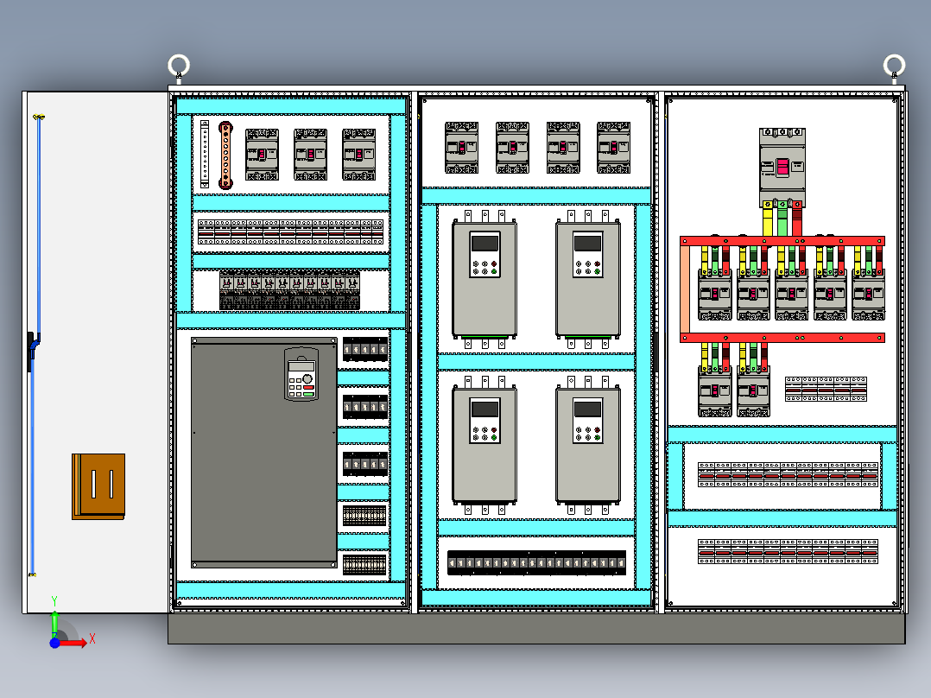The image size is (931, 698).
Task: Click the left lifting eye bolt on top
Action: (x=179, y=66)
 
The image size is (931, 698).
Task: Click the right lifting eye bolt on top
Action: (x=894, y=66)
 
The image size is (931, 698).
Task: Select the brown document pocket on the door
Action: (x=98, y=485)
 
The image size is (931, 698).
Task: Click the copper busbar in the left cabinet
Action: (x=226, y=155)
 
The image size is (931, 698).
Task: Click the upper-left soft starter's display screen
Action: (x=484, y=243)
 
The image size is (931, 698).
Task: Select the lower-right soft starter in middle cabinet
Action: (x=588, y=446)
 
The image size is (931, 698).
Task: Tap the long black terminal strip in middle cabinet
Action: (x=536, y=563)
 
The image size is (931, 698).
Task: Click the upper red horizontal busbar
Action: (x=782, y=241)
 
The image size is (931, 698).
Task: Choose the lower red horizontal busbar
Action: (x=782, y=338)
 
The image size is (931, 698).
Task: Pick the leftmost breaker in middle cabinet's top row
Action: (x=461, y=148)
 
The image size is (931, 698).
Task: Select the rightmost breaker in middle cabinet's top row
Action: (x=613, y=148)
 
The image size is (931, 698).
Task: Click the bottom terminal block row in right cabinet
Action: (x=788, y=551)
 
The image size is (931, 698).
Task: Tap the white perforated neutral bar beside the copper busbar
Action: (x=205, y=155)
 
